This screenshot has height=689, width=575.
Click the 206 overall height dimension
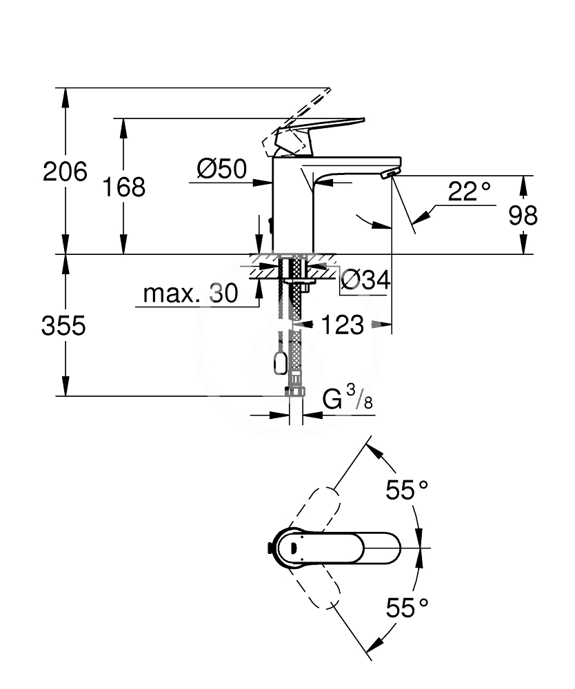65,172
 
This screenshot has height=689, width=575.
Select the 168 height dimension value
123,187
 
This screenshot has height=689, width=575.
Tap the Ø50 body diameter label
222,169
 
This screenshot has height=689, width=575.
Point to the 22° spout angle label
469,192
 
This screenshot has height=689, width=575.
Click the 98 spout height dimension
523,215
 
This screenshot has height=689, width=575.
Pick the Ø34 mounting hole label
365,280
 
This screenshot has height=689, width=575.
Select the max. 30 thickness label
191,293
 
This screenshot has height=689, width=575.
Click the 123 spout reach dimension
343,325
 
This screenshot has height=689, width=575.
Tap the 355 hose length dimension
63,326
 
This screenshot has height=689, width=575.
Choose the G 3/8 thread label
347,397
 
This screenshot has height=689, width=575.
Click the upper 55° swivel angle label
407,489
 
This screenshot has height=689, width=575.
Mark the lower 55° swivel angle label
407,608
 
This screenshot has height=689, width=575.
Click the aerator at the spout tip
391,174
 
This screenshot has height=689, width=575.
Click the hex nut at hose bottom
295,391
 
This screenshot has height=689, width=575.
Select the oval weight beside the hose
281,364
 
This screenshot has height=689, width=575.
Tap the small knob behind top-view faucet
270,548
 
